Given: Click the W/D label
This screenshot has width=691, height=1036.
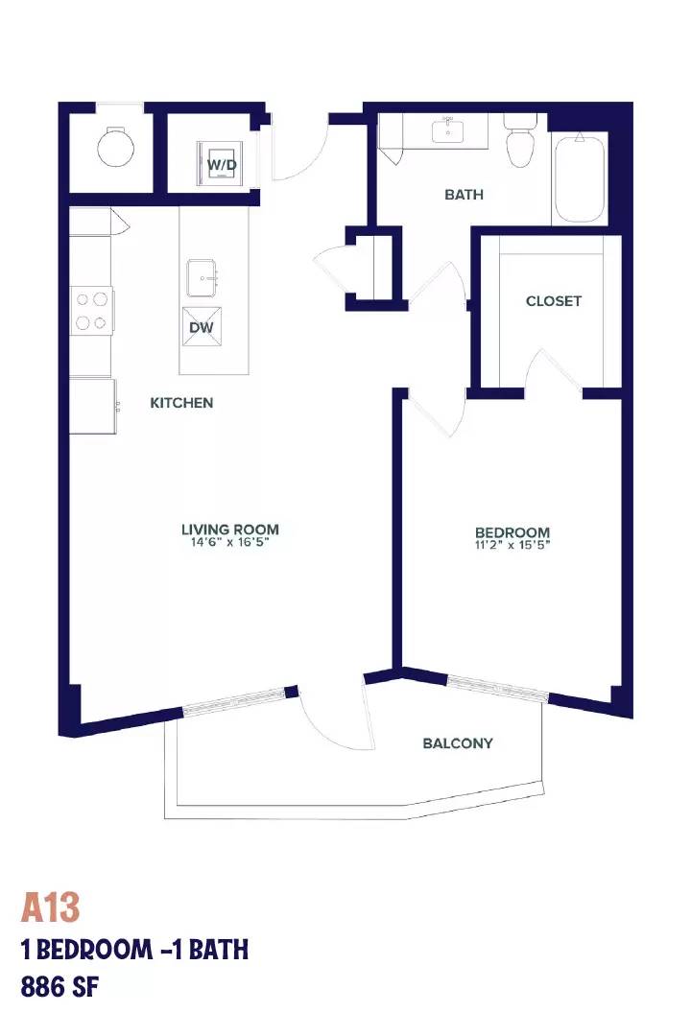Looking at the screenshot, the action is tap(223, 165).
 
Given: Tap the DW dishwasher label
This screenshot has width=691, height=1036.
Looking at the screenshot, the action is tap(201, 328).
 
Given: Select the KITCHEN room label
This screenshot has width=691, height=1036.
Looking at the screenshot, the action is tap(181, 402).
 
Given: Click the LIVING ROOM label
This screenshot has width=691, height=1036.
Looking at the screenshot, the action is tap(230, 530).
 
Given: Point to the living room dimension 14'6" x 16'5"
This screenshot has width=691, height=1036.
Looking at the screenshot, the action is tap(230, 542).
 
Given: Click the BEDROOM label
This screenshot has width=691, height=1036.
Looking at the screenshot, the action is tap(512, 531).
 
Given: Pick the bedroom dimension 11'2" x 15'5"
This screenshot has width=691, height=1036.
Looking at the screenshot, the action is tap(512, 545).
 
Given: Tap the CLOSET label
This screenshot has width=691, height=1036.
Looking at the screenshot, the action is tap(554, 300).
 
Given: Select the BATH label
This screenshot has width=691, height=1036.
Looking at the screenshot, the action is tap(464, 194).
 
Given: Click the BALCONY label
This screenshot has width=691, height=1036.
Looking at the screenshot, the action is tap(458, 743).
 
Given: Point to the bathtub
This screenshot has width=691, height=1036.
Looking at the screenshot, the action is tap(580, 178).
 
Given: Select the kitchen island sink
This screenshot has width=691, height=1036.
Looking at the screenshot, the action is tap(203, 277).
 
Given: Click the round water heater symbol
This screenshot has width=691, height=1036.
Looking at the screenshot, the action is tap(116, 148).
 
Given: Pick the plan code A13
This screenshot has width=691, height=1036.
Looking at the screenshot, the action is tap(50, 907).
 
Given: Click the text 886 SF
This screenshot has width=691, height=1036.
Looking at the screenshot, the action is tap(60, 987).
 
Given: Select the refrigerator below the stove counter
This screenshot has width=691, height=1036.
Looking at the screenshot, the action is tap(93, 406).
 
